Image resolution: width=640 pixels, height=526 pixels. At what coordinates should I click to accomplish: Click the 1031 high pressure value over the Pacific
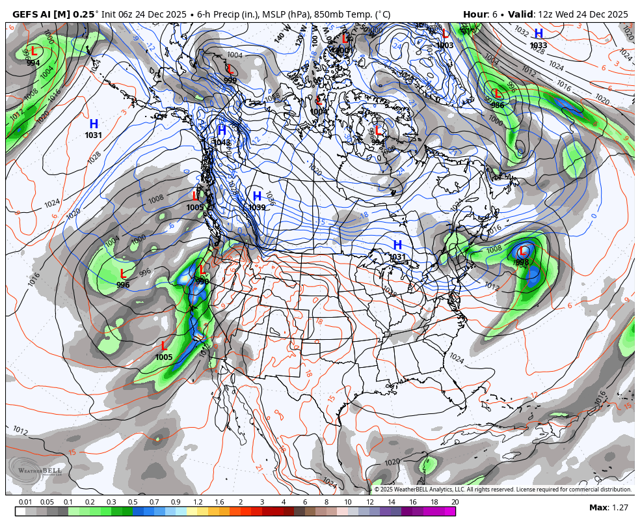tap(94, 135)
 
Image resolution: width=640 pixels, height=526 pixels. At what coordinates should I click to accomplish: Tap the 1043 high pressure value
tap(221, 143)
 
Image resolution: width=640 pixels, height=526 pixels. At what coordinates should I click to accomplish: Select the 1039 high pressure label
tap(257, 208)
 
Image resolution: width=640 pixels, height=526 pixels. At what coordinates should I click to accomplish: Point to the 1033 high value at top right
tap(539, 46)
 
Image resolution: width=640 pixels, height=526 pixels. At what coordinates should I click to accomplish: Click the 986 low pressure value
tap(497, 105)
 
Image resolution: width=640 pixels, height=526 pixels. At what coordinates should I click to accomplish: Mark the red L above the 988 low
tap(522, 251)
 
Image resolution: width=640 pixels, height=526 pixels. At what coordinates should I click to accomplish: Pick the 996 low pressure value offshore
tap(123, 284)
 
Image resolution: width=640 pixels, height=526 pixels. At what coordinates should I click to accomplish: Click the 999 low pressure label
tap(230, 81)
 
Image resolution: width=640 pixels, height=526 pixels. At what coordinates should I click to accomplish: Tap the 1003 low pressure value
tap(445, 46)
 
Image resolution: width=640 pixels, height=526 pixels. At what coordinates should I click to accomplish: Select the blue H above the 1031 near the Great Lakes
tap(397, 245)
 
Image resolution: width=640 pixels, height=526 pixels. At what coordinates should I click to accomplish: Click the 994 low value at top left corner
tap(33, 62)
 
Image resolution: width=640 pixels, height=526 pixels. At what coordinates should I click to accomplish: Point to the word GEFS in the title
tap(25, 14)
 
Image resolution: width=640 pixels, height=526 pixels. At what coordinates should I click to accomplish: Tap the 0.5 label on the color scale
tap(133, 502)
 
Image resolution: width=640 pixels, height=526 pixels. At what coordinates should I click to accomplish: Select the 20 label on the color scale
tap(455, 502)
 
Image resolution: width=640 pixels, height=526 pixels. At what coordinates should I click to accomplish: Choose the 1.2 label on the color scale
tap(198, 502)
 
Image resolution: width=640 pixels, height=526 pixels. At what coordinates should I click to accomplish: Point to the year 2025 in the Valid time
tap(615, 14)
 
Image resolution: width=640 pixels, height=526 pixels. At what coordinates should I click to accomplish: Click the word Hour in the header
tap(474, 14)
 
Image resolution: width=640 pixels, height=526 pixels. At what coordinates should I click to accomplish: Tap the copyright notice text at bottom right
tap(503, 490)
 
